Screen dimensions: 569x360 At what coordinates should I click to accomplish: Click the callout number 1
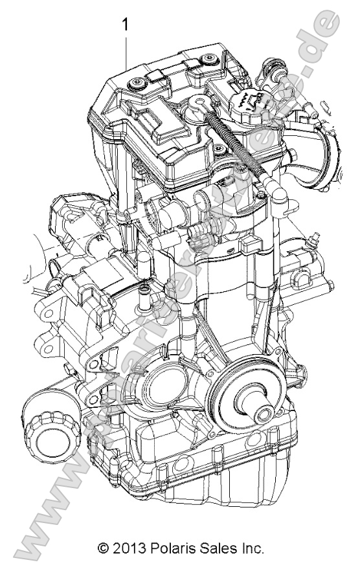(125, 25)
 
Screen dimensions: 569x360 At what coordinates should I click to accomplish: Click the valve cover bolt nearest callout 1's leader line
(137, 83)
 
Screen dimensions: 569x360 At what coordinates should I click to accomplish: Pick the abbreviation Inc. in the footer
(251, 549)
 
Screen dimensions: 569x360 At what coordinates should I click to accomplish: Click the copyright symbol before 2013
(102, 549)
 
